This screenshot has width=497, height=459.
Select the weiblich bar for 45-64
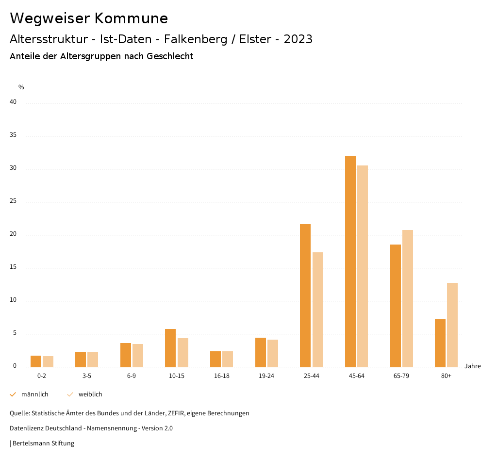(x=363, y=266)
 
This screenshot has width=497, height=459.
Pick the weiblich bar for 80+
(x=452, y=325)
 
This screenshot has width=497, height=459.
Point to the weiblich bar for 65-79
(x=408, y=298)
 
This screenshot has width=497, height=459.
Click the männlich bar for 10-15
(x=170, y=347)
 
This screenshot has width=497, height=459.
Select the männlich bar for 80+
(x=440, y=343)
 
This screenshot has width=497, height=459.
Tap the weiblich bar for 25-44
(x=318, y=309)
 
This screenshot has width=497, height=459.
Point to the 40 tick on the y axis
(x=13, y=102)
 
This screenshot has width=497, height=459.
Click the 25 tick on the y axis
(x=13, y=201)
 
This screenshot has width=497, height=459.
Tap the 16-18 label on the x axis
(x=221, y=376)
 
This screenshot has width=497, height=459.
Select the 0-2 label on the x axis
(x=42, y=376)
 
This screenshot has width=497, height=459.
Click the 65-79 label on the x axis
(x=401, y=376)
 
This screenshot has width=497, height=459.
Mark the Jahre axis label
(x=473, y=366)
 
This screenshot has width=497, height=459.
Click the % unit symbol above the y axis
(x=21, y=87)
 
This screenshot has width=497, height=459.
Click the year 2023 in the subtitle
(x=298, y=39)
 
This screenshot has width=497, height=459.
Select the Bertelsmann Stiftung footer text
(x=43, y=443)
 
